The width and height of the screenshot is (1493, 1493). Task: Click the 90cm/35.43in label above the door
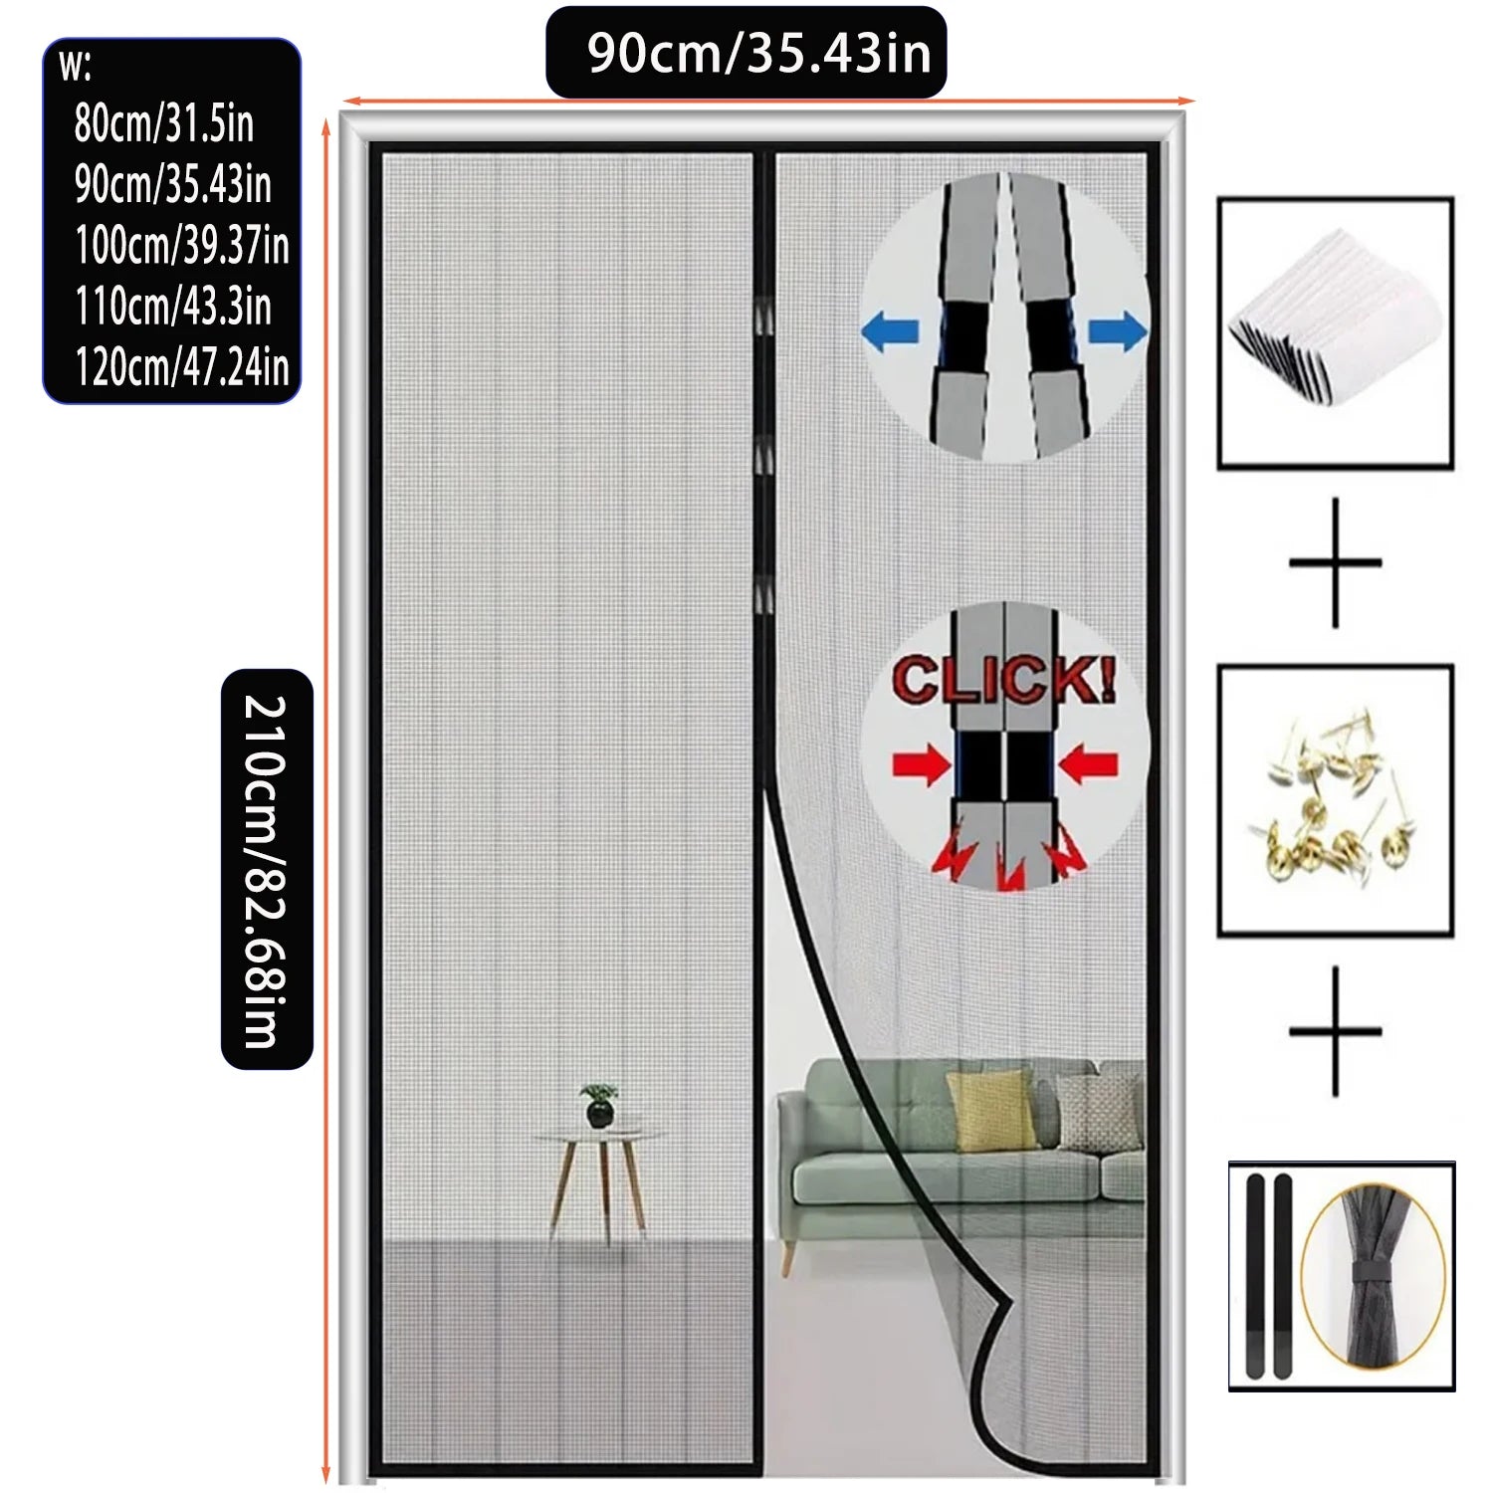tap(758, 53)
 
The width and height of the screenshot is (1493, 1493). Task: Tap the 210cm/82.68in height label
tap(266, 871)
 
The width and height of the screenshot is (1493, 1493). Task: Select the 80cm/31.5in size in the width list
tap(164, 123)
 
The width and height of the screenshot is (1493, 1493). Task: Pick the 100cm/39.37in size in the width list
tap(181, 245)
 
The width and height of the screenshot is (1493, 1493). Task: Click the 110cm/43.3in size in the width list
tap(172, 306)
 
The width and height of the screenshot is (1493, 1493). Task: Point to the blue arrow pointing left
tap(890, 331)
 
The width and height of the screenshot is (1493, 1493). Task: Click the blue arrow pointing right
tap(1118, 331)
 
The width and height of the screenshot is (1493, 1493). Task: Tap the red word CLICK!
tap(1003, 680)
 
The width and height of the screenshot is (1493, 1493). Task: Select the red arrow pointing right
tap(923, 765)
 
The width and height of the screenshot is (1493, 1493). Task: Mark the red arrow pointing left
tap(1088, 765)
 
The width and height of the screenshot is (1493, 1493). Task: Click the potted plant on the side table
tap(599, 1105)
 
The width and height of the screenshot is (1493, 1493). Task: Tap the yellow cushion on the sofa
tap(991, 1111)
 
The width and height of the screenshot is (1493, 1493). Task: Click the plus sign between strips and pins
tap(1335, 562)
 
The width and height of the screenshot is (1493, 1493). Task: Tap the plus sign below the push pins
tap(1335, 1030)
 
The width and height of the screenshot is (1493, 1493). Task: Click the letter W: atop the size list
tap(76, 68)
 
